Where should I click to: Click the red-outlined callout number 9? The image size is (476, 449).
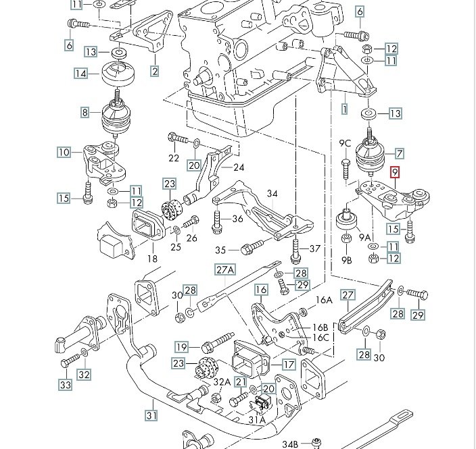coord(396,173)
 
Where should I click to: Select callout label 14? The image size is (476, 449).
coord(82,73)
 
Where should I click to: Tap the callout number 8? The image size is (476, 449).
coord(86,113)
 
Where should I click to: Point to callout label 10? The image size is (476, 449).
coord(64,153)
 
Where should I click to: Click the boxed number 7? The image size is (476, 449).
coord(400,153)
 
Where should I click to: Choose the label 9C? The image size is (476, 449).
coord(345,143)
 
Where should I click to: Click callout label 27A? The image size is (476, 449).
coord(225,270)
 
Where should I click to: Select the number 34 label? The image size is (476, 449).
coord(272,194)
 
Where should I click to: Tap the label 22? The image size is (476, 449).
coord(174,158)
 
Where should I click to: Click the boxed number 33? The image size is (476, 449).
coord(64,385)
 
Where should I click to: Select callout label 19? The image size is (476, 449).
coord(181,347)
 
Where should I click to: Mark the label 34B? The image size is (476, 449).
coord(290,444)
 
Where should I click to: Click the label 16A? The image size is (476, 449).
coord(325,300)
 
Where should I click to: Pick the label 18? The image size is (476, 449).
coord(151,258)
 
